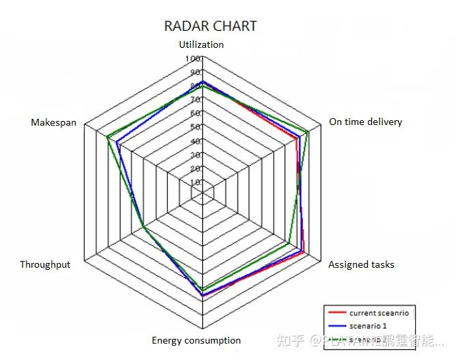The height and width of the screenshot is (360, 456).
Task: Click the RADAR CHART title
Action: tap(210, 26)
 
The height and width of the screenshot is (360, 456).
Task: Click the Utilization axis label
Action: tap(201, 44)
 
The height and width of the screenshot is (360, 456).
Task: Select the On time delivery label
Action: tap(365, 122)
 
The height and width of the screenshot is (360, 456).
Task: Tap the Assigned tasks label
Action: tap(361, 264)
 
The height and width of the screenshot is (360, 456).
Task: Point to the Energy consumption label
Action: tap(196, 340)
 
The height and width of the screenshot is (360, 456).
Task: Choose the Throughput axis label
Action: tap(45, 264)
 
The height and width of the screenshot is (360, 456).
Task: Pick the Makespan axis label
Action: tap(53, 122)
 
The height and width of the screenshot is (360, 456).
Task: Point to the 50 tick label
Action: tap(195, 127)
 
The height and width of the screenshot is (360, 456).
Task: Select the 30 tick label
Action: tap(195, 155)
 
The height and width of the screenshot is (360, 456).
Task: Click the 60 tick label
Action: tap(195, 113)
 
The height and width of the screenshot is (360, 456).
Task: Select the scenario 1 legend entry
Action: tap(368, 325)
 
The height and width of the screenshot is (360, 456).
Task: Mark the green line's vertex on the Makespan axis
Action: tap(107, 139)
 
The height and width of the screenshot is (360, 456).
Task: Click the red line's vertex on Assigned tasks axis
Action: tap(303, 251)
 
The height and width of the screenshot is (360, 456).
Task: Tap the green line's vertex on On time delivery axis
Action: tap(309, 132)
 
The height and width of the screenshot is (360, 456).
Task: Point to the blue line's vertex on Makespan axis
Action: tap(116, 143)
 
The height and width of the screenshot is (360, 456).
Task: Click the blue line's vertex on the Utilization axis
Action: tap(202, 81)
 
